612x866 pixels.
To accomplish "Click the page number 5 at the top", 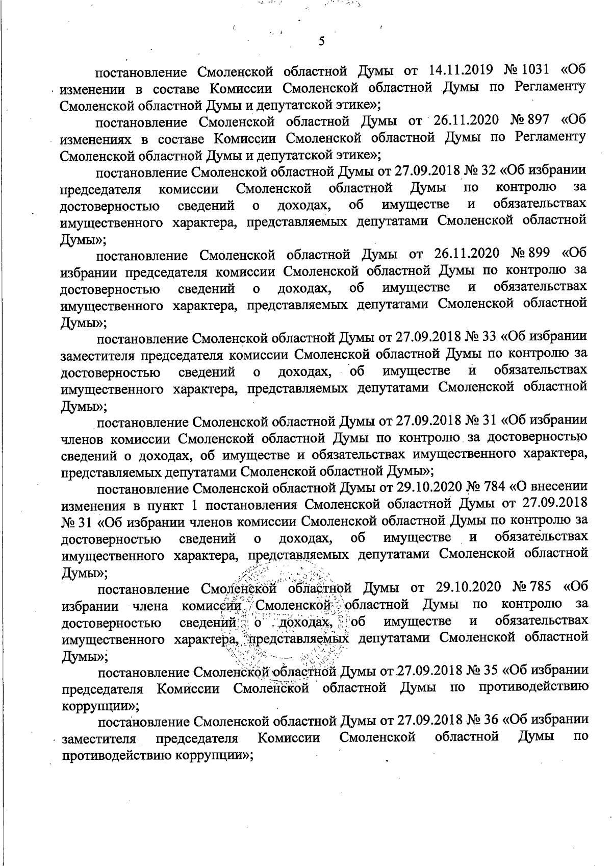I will tap(321, 42).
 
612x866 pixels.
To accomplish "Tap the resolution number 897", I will tap(538, 121).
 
